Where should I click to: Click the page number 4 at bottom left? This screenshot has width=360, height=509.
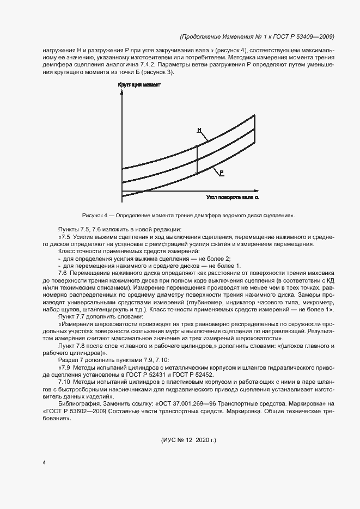pyautogui.click(x=44, y=462)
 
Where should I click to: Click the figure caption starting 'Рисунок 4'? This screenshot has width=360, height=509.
pyautogui.click(x=188, y=216)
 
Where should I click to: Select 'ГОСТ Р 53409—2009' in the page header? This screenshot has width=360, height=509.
pyautogui.click(x=306, y=36)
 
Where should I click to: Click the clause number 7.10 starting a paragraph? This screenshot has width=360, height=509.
pyautogui.click(x=64, y=383)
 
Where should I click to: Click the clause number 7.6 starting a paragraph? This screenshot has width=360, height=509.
pyautogui.click(x=63, y=272)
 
